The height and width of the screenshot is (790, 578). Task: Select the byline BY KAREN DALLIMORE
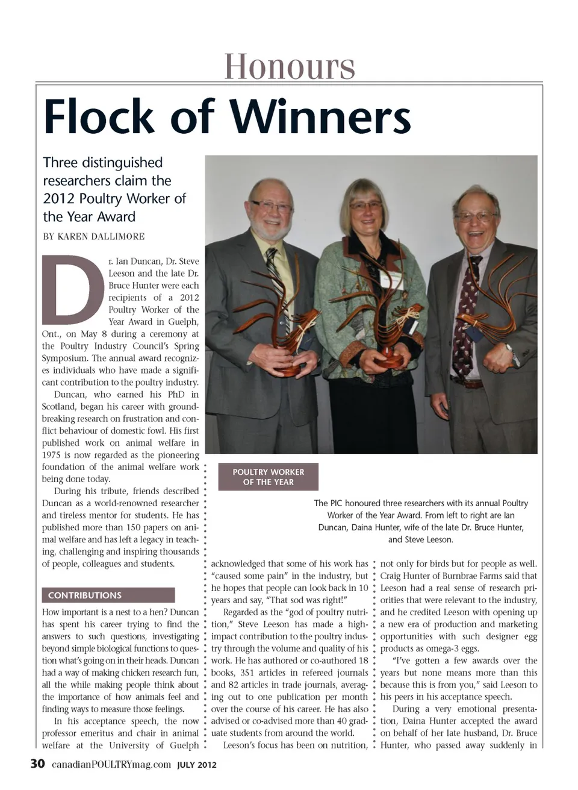pos(93,236)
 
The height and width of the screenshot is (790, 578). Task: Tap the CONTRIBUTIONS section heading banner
pos(108,595)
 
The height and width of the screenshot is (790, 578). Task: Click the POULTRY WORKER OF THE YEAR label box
pos(268,477)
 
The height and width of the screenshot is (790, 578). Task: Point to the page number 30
pos(37,764)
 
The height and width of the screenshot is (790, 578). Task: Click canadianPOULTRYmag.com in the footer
pos(111,765)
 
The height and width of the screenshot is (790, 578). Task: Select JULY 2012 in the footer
pos(196,765)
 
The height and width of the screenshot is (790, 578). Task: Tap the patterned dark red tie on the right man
pos(466,313)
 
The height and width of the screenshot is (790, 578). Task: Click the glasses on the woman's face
pos(365,205)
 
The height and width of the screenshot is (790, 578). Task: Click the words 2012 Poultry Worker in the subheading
pos(114,198)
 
